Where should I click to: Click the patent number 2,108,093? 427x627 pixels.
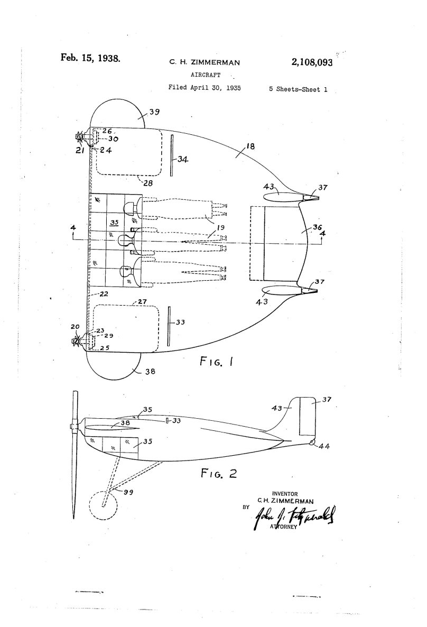click(x=311, y=62)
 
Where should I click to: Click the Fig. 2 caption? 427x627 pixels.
click(x=218, y=473)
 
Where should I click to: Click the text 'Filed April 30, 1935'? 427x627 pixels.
click(x=205, y=88)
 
